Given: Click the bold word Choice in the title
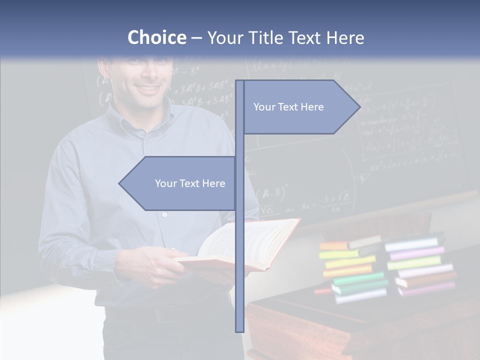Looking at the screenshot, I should [156, 37].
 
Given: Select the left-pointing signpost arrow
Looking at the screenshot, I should [177, 183].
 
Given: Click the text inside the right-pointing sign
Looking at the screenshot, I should [288, 107].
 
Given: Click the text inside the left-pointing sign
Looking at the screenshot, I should [190, 183].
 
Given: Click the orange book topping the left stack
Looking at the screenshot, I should [334, 246].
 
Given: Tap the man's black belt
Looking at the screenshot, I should [165, 312].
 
